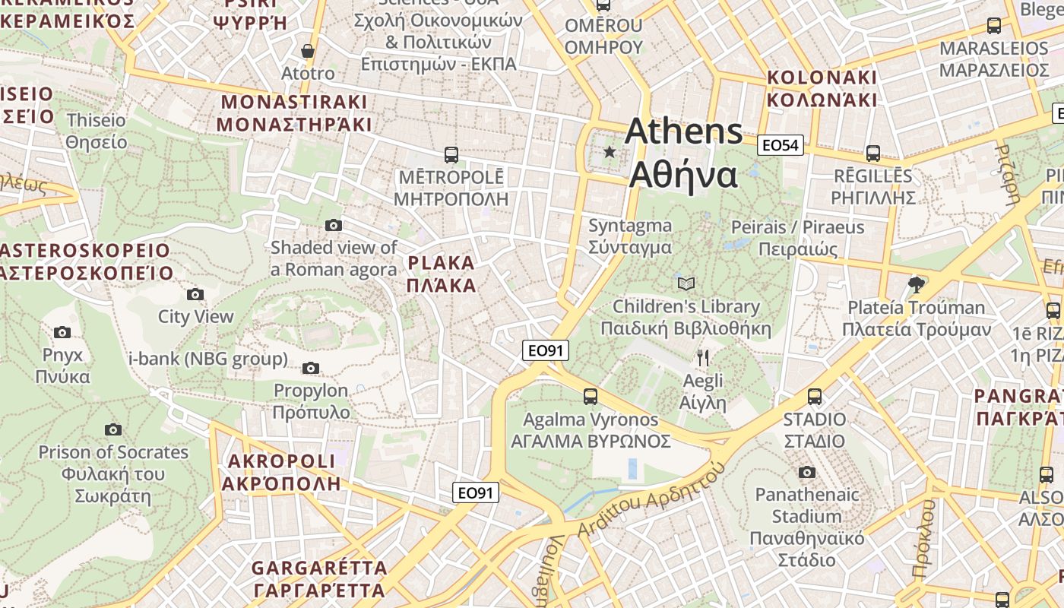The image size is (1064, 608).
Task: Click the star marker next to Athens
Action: tap(610, 152)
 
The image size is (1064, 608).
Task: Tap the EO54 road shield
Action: tap(781, 144)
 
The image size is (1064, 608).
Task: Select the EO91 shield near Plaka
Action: tap(546, 350)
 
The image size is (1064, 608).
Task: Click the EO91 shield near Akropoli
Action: tap(476, 492)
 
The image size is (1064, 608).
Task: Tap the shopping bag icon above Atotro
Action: tap(308, 51)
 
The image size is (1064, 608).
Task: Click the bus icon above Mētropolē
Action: tap(451, 155)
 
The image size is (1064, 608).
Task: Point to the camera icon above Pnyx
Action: tap(62, 332)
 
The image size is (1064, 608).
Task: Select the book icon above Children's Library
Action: tap(686, 284)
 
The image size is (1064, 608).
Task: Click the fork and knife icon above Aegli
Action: tap(702, 357)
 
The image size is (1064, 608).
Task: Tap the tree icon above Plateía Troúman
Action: tap(917, 285)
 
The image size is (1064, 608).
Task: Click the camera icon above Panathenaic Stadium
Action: tap(807, 472)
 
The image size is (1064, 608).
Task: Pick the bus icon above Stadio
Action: tap(815, 396)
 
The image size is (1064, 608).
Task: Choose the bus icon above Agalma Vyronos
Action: tap(591, 396)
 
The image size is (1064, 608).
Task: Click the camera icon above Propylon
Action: tap(310, 368)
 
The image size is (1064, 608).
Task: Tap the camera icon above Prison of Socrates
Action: tap(113, 429)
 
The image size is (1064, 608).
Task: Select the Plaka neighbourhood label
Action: tap(441, 274)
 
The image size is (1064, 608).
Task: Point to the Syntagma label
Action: tap(630, 236)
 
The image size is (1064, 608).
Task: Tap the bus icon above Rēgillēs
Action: tap(872, 154)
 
